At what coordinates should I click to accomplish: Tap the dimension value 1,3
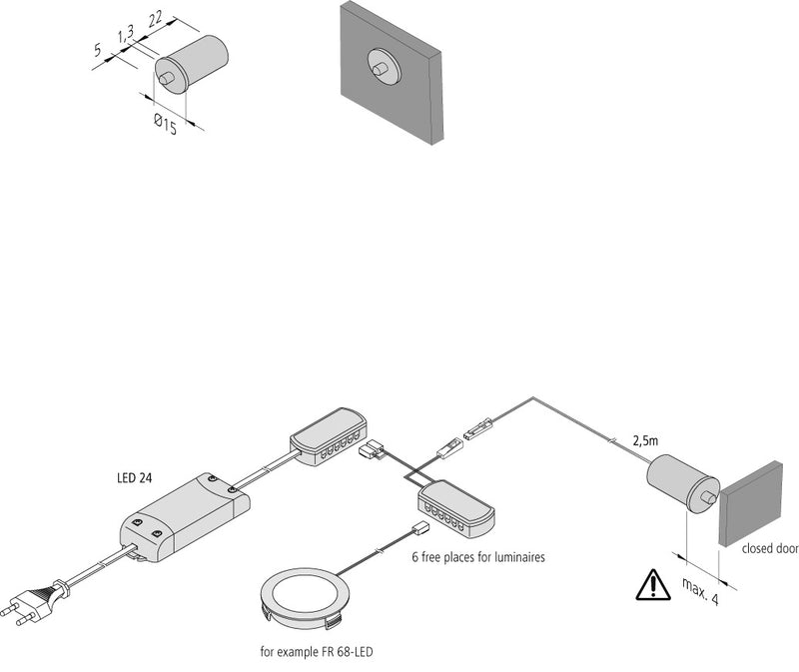pyautogui.click(x=126, y=37)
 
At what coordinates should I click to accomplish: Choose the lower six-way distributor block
pyautogui.click(x=454, y=504)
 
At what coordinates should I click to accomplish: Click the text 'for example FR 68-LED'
pyautogui.click(x=318, y=652)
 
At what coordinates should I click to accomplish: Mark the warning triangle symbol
pyautogui.click(x=653, y=585)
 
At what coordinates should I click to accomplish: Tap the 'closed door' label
pyautogui.click(x=770, y=548)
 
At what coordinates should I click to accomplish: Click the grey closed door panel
pyautogui.click(x=751, y=502)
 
